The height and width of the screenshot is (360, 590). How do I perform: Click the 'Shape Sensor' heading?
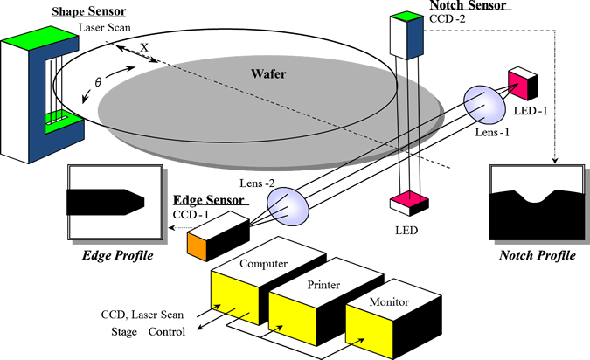89,11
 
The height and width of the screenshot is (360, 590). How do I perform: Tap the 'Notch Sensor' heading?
469,5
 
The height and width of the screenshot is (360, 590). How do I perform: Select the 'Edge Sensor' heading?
208,200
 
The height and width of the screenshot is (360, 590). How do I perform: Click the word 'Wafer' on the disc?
268,73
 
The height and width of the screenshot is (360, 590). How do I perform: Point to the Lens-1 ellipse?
484,105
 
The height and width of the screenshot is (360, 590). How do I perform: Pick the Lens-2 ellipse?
288,206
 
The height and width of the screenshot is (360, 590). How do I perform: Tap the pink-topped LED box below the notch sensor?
409,203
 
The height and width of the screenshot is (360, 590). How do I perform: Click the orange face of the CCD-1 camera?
198,246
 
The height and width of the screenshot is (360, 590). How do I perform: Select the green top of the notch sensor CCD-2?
406,17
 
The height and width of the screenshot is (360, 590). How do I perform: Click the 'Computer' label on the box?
263,264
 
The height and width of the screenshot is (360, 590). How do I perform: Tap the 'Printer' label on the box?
323,285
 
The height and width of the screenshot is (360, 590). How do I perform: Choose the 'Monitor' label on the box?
389,301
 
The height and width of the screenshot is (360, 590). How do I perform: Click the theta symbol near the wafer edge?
98,81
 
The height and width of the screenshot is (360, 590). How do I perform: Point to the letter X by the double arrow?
144,47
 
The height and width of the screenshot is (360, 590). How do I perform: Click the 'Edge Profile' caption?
118,255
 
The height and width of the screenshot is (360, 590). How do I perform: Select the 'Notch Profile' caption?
538,255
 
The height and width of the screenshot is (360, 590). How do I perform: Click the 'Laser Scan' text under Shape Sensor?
105,27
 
